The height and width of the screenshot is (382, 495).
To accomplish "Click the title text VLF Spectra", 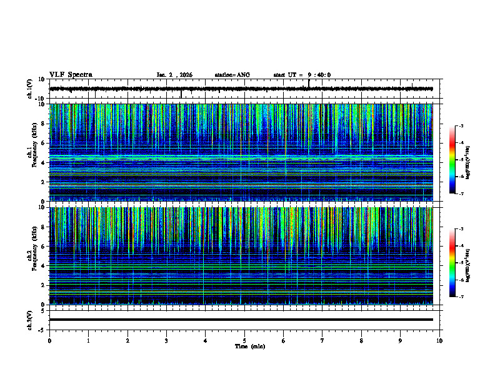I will [x=71, y=75].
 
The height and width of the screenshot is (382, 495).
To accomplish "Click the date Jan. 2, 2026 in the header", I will [x=174, y=75].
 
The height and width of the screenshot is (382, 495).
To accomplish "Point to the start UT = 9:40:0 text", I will [x=302, y=75].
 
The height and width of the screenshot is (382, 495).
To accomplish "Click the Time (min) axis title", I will [x=250, y=346].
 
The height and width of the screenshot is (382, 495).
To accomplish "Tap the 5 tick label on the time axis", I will [x=244, y=340].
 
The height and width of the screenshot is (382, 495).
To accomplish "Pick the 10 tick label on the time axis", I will [x=439, y=340].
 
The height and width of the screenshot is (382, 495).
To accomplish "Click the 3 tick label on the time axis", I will [x=166, y=340].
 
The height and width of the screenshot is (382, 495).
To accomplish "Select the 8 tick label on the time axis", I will [x=361, y=340].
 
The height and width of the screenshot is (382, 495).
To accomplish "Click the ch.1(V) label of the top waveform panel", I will [x=30, y=89].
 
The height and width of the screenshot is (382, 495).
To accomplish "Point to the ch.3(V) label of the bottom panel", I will [x=30, y=320].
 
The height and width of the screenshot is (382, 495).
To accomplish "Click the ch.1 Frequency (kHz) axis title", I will [x=33, y=153].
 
